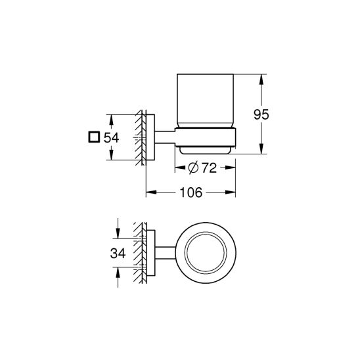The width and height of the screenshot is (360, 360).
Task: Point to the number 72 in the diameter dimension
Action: (209, 169)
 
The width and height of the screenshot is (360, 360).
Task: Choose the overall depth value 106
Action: (190, 192)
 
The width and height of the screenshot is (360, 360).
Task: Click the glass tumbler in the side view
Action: (205, 105)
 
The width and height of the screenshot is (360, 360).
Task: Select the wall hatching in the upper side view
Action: (140, 138)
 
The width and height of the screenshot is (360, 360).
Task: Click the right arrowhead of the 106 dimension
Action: (233, 192)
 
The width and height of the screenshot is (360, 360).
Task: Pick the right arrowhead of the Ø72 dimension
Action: (232, 169)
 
